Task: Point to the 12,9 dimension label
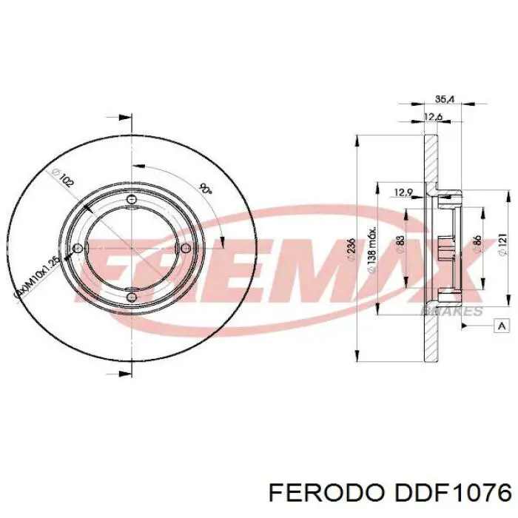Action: (x=403, y=193)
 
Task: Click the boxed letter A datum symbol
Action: (x=502, y=326)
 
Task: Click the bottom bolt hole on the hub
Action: (x=132, y=295)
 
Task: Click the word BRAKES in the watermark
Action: (x=451, y=312)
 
